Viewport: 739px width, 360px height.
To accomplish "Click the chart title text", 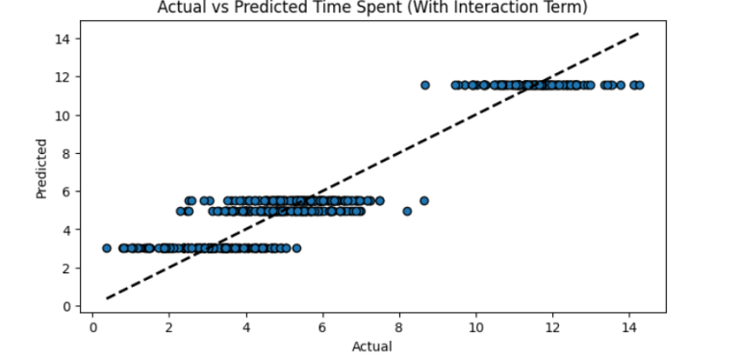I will pos(369,9).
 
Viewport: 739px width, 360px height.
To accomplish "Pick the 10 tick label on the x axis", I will pos(475,327).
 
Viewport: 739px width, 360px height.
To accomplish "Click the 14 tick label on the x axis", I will pos(628,327).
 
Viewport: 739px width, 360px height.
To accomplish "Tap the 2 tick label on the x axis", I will pos(168,327).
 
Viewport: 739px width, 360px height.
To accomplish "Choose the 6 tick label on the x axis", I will pos(322,327).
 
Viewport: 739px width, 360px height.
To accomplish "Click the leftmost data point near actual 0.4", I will pos(107,248).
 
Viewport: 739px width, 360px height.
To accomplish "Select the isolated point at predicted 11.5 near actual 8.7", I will pos(424,85).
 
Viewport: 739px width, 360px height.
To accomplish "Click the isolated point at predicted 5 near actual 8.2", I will pos(407,211).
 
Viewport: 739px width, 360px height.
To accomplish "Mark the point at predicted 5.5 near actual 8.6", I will pos(423,201).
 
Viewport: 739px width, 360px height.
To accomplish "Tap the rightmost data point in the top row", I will pos(639,85).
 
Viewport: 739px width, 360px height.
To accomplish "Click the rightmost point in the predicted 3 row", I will pos(296,248).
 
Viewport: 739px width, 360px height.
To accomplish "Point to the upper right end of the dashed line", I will pos(639,33).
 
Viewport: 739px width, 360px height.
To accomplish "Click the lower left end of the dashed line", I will pos(107,298).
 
